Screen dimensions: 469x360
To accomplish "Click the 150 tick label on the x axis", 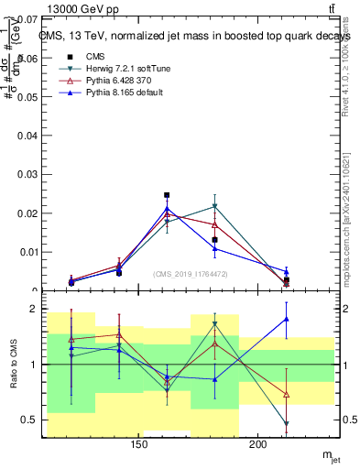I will point(139,446).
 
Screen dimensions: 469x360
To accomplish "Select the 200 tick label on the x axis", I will point(258,446).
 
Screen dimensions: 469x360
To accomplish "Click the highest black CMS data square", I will point(167,195).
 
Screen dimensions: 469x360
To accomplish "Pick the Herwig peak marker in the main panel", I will point(214,206).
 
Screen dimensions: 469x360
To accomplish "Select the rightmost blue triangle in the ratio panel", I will point(287,319).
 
